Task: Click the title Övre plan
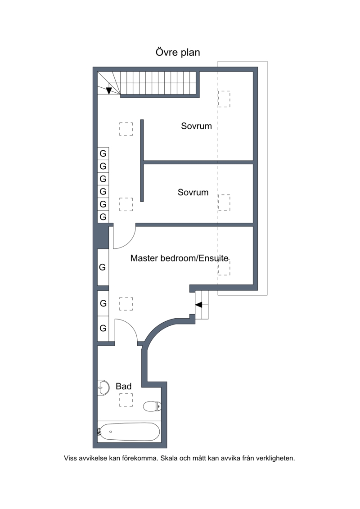(x=178, y=52)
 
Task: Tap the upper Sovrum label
(x=196, y=126)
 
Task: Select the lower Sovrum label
(x=193, y=192)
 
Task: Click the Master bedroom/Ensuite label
(x=179, y=258)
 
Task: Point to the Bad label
(x=123, y=386)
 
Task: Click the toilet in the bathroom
(x=152, y=406)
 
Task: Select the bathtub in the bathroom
(x=129, y=432)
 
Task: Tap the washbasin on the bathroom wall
(x=103, y=387)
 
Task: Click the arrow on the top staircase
(x=109, y=90)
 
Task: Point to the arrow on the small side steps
(x=198, y=305)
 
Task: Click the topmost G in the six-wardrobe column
(x=103, y=153)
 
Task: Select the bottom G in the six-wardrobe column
(x=103, y=216)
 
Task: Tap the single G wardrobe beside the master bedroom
(x=102, y=267)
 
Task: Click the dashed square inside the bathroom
(x=126, y=400)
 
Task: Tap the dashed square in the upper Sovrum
(x=224, y=99)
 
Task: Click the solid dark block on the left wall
(x=103, y=237)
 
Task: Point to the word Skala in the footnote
(x=168, y=458)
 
